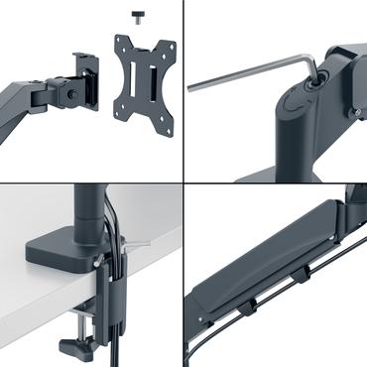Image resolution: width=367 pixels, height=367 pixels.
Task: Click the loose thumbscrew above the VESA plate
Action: click(x=137, y=17)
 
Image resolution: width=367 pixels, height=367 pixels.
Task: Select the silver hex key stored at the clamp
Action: click(x=135, y=244)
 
